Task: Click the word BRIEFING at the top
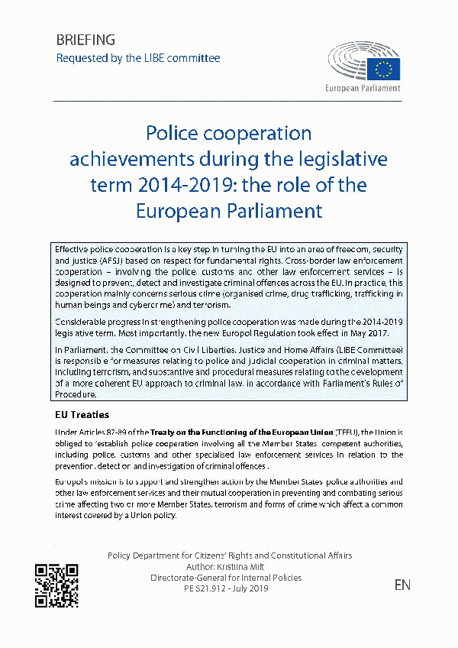tap(85, 40)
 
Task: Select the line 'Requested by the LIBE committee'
tap(138, 58)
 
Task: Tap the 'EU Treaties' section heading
tap(82, 415)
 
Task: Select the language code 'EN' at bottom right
tap(402, 585)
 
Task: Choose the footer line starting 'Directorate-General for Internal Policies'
tap(230, 578)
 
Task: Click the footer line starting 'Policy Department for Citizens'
tap(230, 556)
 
